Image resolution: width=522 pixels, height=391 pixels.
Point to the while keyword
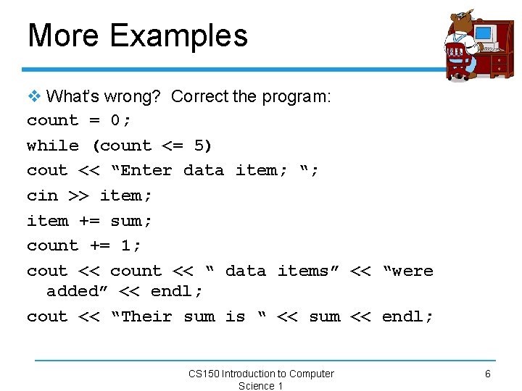point(53,146)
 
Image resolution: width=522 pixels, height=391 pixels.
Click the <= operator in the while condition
point(173,146)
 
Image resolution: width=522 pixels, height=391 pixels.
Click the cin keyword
point(42,195)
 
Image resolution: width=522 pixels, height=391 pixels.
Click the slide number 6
point(487,374)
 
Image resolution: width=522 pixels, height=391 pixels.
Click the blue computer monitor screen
point(483,33)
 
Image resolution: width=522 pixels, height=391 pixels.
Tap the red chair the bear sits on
point(457,62)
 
